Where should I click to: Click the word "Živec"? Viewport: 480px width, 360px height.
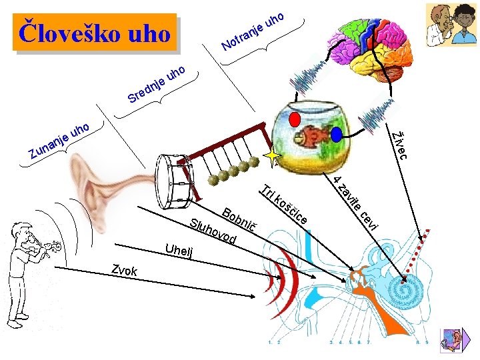399,141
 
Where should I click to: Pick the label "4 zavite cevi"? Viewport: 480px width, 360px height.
357,204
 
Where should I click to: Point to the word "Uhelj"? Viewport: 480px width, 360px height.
179,253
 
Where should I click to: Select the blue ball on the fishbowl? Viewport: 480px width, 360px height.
336,134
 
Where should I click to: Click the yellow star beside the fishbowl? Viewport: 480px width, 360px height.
273,157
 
